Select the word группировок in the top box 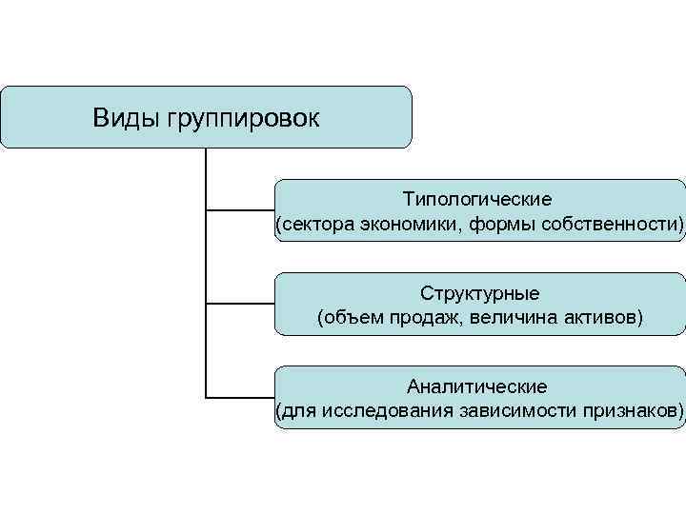(x=243, y=119)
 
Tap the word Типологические (x=477, y=201)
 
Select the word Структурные (x=479, y=293)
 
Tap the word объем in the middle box (x=353, y=316)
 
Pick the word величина (x=511, y=316)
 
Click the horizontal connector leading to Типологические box (x=240, y=209)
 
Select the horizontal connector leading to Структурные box (x=240, y=304)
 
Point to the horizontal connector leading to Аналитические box (x=240, y=396)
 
